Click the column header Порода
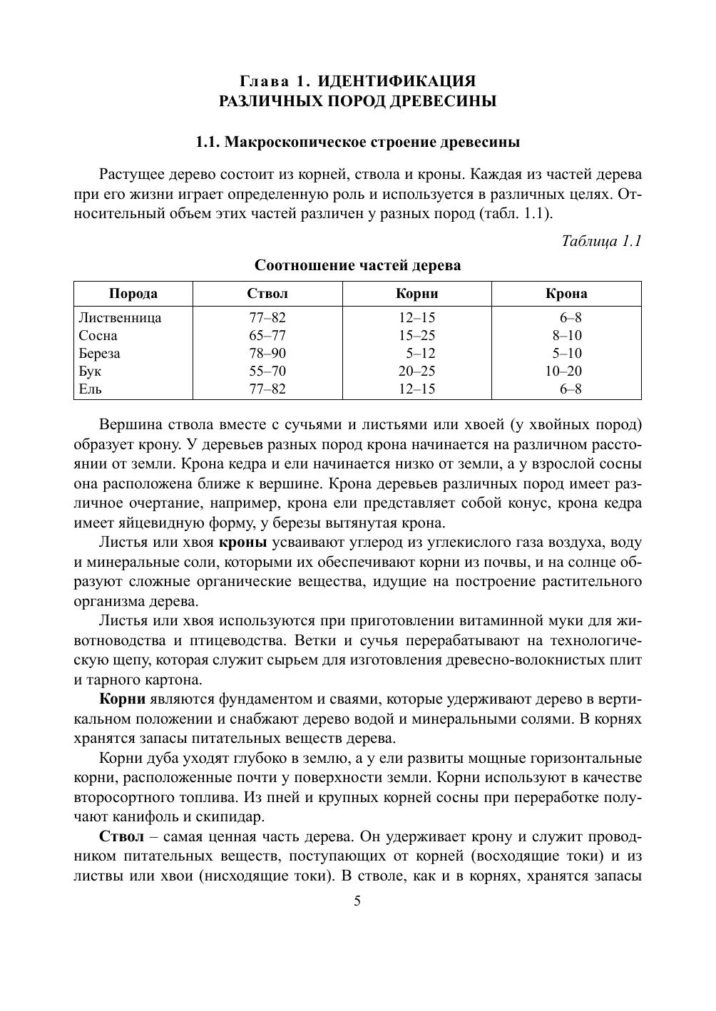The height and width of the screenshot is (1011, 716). click(x=133, y=294)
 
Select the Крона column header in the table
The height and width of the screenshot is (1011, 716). click(x=566, y=294)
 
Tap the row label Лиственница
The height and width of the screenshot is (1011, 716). click(x=120, y=318)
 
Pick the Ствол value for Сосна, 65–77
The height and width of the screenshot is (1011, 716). click(x=267, y=336)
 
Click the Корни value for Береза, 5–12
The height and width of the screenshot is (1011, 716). click(x=421, y=354)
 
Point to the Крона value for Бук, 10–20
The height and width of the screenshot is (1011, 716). click(x=564, y=371)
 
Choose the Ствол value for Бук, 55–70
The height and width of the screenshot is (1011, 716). click(x=267, y=371)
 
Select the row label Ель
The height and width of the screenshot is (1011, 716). click(x=91, y=389)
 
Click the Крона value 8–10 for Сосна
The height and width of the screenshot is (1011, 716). click(x=567, y=336)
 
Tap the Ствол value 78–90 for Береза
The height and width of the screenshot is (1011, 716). click(x=267, y=354)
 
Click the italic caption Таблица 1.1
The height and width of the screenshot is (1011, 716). click(x=602, y=241)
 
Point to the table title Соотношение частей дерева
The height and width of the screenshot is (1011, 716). click(x=358, y=266)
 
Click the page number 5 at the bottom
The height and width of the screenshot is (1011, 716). click(x=358, y=901)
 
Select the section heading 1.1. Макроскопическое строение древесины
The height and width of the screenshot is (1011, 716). click(x=358, y=142)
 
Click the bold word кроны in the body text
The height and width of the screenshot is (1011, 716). click(x=242, y=543)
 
